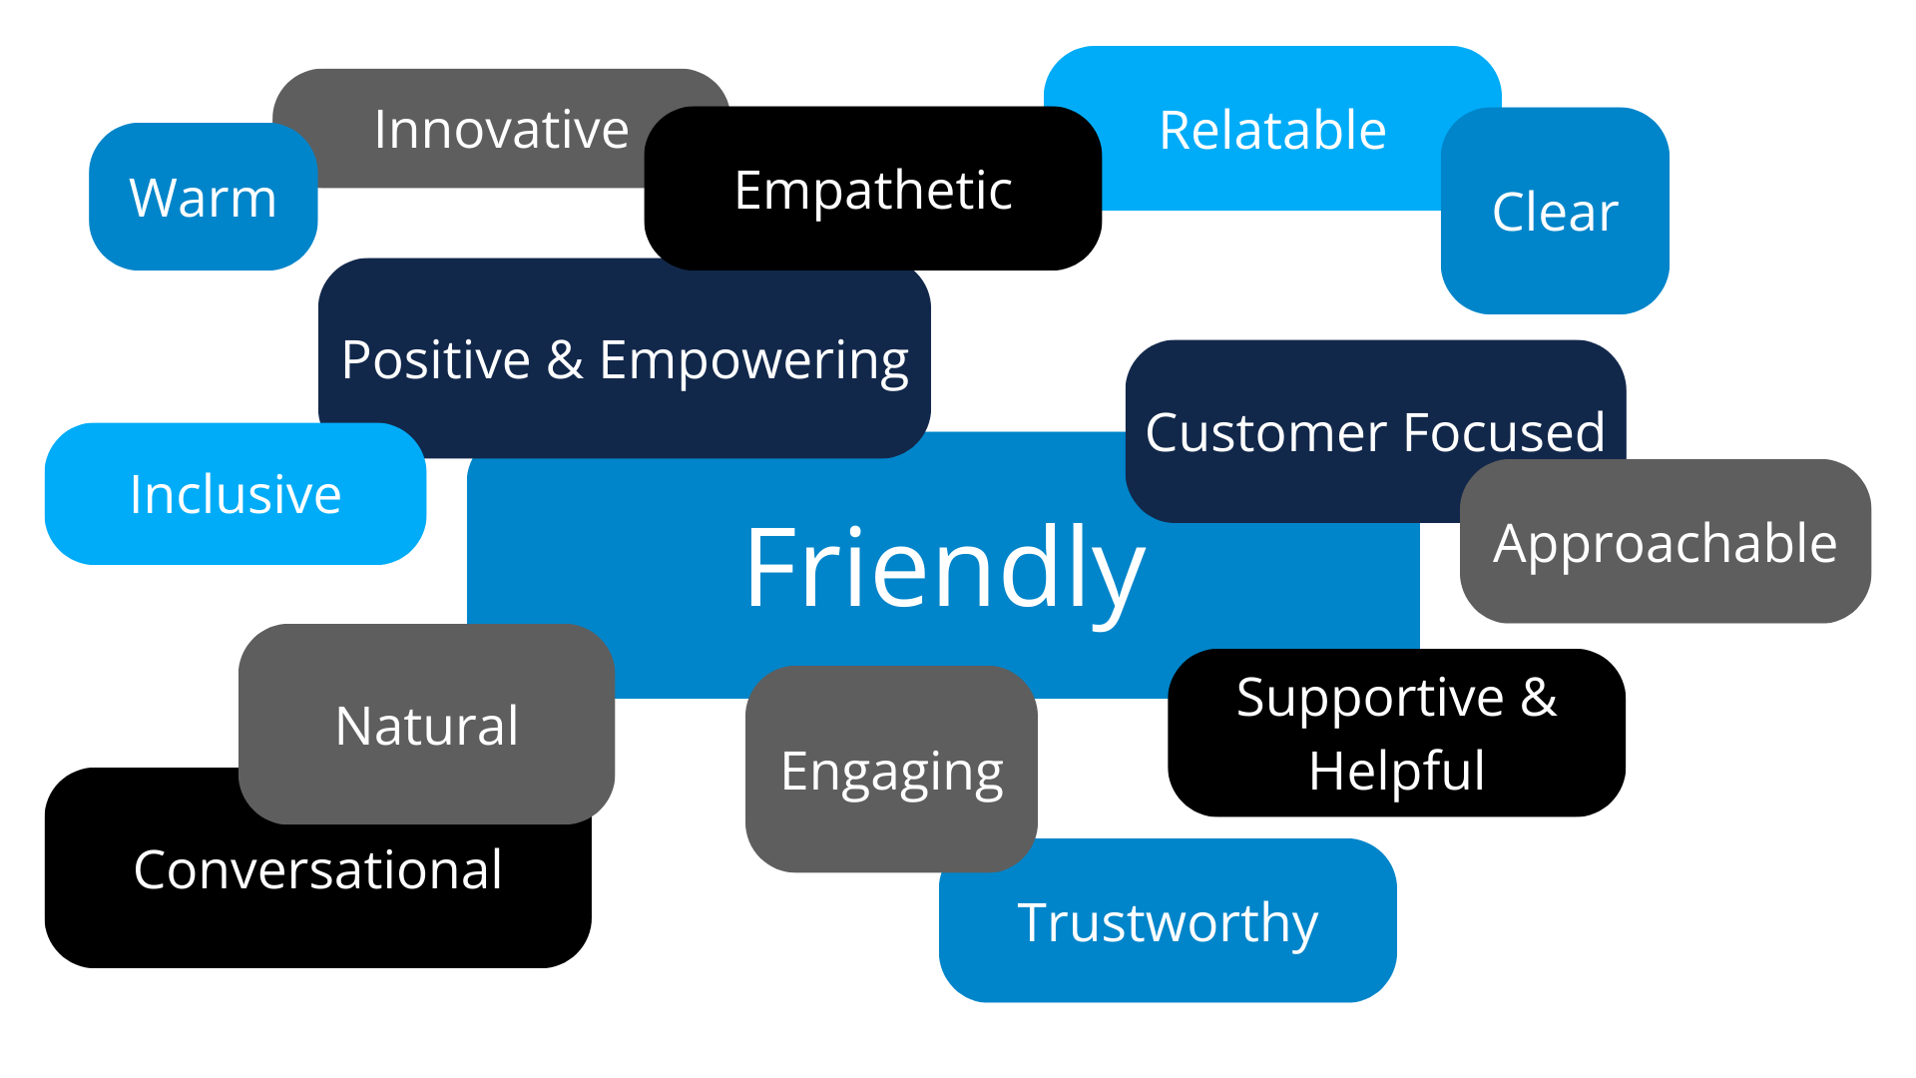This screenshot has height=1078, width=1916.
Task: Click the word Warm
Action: point(203,198)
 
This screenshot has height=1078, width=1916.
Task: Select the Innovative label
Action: point(501,130)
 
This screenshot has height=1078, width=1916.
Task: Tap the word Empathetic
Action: point(873,191)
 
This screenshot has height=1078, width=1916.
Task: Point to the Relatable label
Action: point(1272,131)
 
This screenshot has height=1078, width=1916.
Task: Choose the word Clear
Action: point(1555,213)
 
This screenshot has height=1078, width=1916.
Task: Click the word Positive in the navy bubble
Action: point(435,360)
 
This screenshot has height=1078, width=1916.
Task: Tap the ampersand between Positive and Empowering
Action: point(565,360)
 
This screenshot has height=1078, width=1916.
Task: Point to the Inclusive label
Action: point(236,495)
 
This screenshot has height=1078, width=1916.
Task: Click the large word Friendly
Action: point(944,569)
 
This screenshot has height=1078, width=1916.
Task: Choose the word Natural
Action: point(427,726)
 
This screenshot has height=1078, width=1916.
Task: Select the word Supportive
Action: point(1369,698)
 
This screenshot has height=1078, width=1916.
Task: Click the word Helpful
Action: point(1396,772)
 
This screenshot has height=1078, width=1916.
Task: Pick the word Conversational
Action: point(317,870)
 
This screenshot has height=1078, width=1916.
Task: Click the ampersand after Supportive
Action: point(1539,697)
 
